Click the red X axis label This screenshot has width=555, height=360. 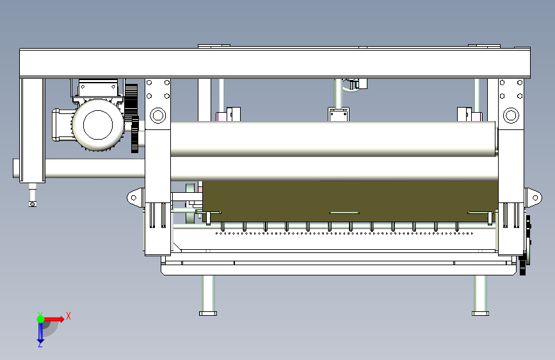(x=68, y=316)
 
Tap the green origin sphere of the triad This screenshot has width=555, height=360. (x=41, y=319)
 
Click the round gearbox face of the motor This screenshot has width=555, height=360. (x=98, y=125)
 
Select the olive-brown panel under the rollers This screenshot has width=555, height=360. (x=350, y=201)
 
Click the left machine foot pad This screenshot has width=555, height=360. (x=208, y=313)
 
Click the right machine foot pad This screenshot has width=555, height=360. (x=480, y=313)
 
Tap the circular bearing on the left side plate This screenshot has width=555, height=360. (x=158, y=115)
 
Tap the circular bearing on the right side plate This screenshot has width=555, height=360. (x=511, y=115)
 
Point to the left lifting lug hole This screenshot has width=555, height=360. (x=133, y=198)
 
